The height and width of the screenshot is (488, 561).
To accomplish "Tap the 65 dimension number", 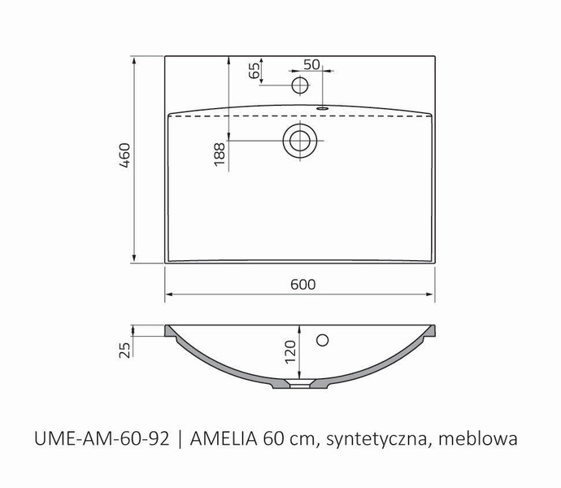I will (254, 71).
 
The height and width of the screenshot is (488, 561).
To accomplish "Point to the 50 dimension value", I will (311, 64).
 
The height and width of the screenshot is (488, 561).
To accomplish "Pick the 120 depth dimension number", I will (290, 352).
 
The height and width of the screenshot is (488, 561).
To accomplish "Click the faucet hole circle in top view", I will (300, 85).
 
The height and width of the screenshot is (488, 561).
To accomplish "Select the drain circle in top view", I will (300, 140).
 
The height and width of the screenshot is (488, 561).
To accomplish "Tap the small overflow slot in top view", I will (322, 106).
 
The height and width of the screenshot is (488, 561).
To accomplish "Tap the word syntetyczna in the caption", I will (376, 441).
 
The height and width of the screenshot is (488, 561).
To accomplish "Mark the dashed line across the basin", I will (244, 118).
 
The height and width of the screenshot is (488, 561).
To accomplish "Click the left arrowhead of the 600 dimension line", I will (168, 294).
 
